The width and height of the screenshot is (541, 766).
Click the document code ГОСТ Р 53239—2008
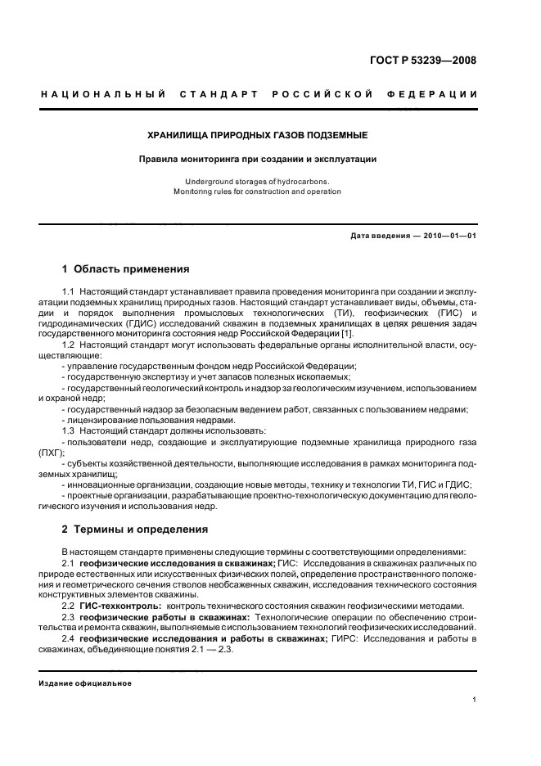click(423, 61)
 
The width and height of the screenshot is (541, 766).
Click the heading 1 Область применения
click(126, 268)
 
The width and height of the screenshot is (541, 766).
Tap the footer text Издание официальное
click(85, 683)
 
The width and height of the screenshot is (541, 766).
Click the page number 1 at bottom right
click(474, 700)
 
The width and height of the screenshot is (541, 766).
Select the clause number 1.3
click(69, 430)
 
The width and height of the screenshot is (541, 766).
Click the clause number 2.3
click(69, 616)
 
